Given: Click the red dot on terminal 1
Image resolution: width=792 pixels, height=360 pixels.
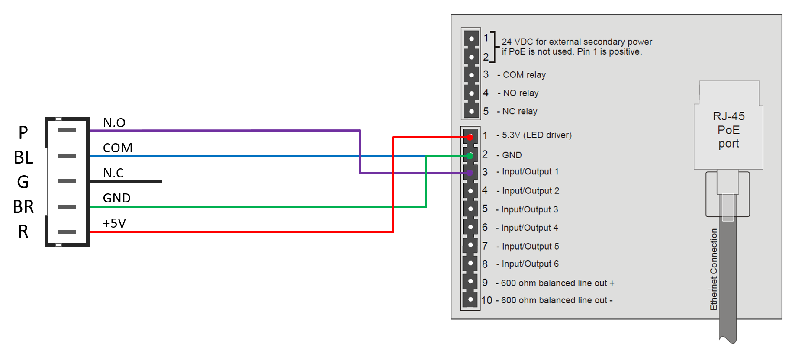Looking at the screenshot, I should (x=470, y=138).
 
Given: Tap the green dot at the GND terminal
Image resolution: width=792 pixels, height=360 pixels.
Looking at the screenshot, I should (x=470, y=156).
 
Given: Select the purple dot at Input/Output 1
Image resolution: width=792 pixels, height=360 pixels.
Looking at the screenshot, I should (x=470, y=173).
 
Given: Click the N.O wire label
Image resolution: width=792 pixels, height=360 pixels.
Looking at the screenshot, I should (x=114, y=123).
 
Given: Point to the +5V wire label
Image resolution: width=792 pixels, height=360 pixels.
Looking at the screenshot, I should (x=114, y=223).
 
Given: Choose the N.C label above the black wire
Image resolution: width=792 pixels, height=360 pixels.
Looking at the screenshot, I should (x=113, y=173).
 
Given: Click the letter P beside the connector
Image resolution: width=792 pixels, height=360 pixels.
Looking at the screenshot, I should (x=23, y=132).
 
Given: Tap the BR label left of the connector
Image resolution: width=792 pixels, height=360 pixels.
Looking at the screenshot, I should (x=23, y=207).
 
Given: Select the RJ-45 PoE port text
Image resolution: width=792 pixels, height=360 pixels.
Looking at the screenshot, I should (x=729, y=130).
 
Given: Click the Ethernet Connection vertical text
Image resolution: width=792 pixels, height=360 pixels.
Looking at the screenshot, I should (x=714, y=269).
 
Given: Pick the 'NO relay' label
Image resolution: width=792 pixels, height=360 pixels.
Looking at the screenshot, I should (x=521, y=93).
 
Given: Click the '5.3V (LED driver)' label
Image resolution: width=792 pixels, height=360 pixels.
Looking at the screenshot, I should (x=537, y=135).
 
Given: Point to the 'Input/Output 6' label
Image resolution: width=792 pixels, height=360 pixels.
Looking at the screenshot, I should (x=530, y=264).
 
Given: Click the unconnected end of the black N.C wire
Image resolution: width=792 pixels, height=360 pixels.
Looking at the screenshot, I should (x=161, y=181).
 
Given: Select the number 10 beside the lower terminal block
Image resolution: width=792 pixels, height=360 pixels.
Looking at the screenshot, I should (x=487, y=300).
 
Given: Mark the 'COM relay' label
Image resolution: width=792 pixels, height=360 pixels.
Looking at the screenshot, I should (x=524, y=75).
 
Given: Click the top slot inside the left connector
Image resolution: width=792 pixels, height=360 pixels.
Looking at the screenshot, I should (x=67, y=130).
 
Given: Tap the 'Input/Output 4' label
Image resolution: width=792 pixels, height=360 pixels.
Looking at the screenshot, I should (x=530, y=228).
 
